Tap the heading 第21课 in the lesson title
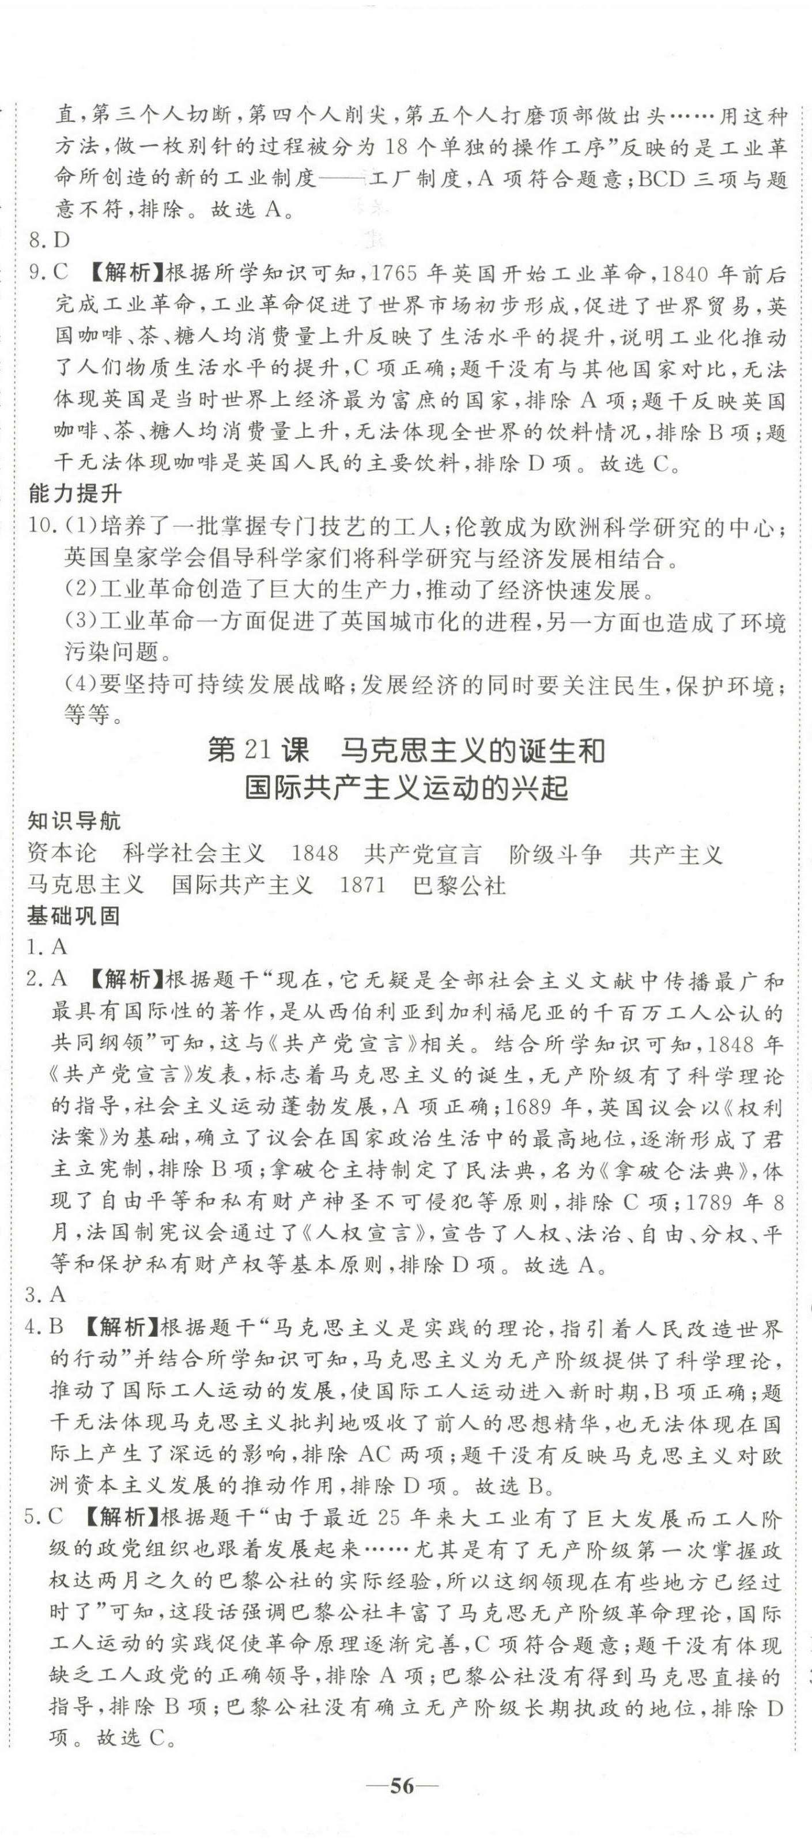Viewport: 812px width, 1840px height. (258, 751)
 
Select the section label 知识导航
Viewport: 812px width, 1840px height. (74, 821)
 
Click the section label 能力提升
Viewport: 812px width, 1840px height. (74, 493)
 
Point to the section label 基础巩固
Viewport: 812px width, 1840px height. (74, 916)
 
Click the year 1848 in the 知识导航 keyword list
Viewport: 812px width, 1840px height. (315, 854)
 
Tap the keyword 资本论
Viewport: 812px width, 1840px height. (62, 854)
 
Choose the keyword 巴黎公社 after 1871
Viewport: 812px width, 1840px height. (460, 885)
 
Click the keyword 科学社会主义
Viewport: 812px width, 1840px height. (194, 854)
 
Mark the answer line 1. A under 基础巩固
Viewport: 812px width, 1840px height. (47, 947)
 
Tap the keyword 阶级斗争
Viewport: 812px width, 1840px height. (556, 854)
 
